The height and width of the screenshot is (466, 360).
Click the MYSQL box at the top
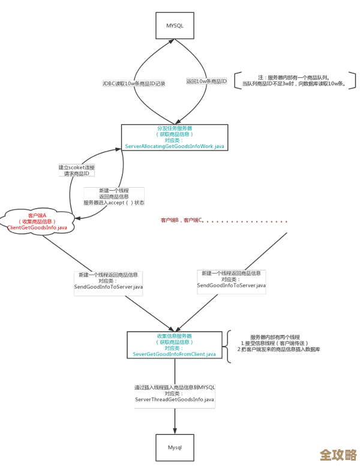tap(175, 25)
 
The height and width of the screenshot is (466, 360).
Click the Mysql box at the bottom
tap(175, 447)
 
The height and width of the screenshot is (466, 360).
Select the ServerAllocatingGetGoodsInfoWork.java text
tap(175, 146)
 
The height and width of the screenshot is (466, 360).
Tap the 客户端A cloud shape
tap(37, 221)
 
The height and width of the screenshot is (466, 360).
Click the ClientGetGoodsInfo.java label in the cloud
tap(37, 228)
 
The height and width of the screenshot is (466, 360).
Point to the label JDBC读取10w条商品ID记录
tap(134, 84)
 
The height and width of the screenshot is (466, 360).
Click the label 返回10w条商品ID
tap(206, 81)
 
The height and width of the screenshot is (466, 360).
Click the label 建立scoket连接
tap(76, 167)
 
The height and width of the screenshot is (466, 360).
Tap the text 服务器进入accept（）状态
tap(113, 203)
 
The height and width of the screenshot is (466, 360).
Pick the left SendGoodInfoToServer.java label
tap(109, 287)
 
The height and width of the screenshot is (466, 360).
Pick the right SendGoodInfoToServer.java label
tap(232, 285)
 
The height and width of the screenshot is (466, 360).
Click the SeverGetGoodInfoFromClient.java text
tap(174, 354)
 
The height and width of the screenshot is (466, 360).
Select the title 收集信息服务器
tap(174, 336)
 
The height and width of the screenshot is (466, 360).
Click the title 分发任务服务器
tap(175, 128)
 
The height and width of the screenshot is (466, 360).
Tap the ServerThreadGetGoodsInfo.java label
tap(175, 399)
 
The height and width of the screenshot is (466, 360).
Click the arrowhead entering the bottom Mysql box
tap(175, 431)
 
